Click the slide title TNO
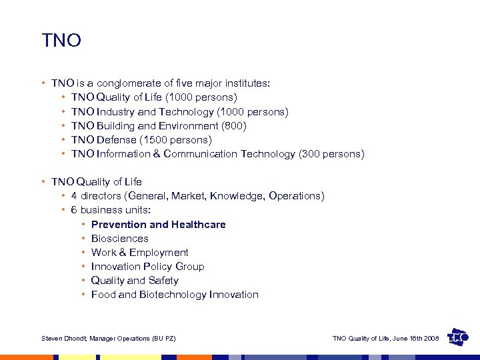pos(61,41)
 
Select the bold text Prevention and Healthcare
pos(158,225)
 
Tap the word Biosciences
pos(119,239)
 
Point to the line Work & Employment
pos(139,253)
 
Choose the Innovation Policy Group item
pos(147,267)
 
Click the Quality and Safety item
pos(135,281)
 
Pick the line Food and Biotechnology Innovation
pos(175,295)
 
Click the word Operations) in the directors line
pos(297,196)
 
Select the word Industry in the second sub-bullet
pos(115,112)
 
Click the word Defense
pos(117,140)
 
